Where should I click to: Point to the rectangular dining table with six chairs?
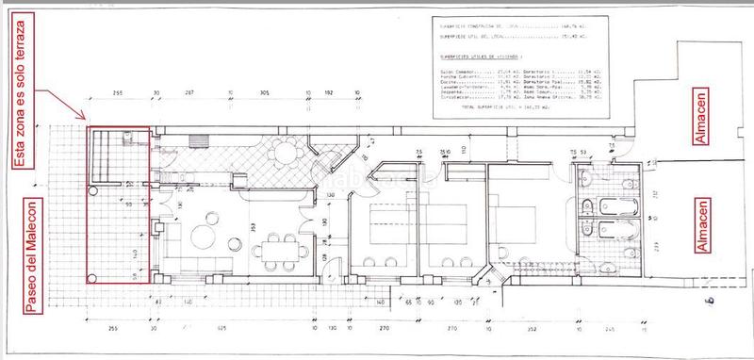280,251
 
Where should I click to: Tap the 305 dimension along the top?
265,95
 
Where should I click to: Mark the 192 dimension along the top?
330,95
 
